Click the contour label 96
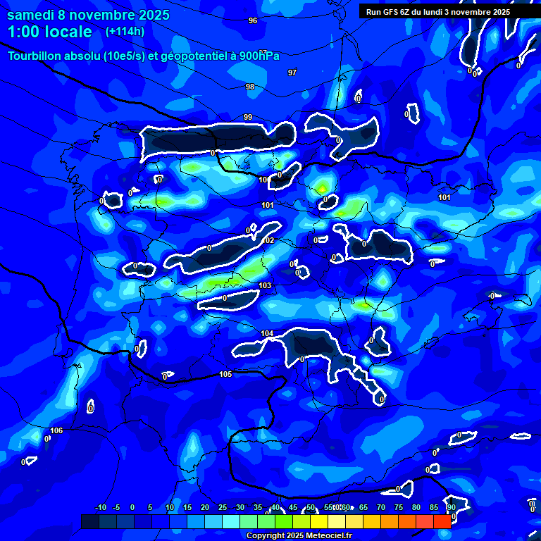[253, 20]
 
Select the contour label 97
[292, 73]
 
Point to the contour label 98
[250, 87]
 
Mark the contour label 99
[247, 117]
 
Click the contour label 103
[265, 285]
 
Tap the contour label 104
[267, 333]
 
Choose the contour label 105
[225, 374]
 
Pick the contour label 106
[57, 430]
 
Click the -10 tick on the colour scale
[100, 508]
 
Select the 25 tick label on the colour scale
[223, 508]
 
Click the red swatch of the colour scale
[442, 521]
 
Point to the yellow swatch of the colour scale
[318, 521]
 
